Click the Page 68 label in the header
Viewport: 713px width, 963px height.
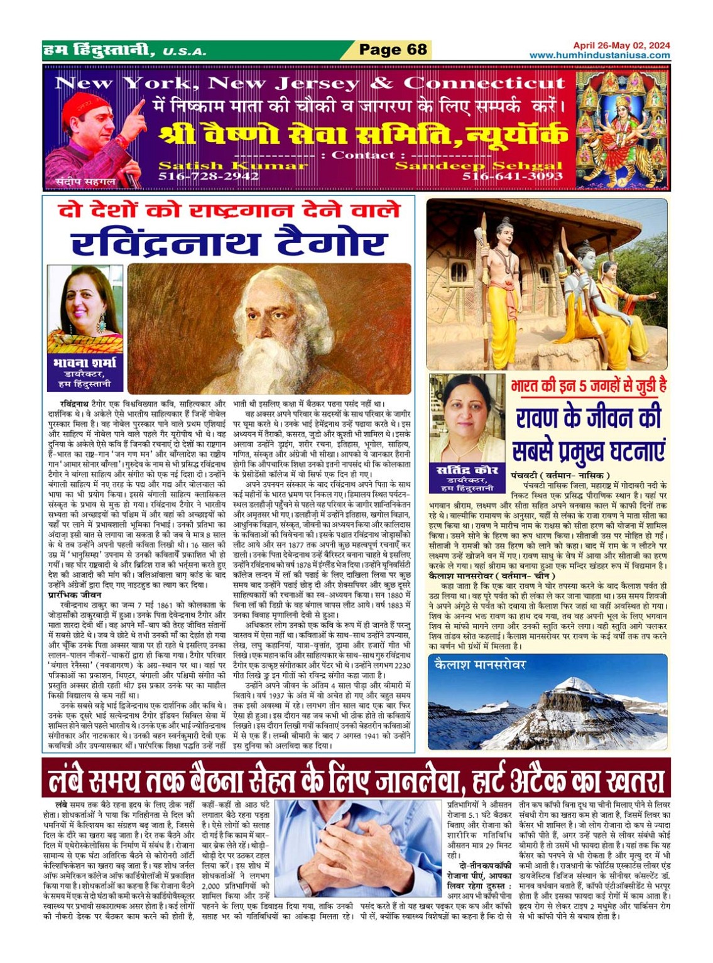(392, 50)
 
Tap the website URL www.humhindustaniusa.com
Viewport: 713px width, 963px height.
(599, 55)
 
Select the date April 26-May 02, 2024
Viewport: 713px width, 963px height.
(621, 45)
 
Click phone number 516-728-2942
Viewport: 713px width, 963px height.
(209, 177)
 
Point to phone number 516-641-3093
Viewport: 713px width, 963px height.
(512, 177)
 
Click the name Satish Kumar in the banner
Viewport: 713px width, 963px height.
(233, 166)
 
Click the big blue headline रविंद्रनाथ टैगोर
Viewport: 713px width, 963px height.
(229, 243)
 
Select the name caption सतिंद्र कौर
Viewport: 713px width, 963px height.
(467, 470)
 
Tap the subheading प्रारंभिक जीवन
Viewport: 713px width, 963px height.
(75, 594)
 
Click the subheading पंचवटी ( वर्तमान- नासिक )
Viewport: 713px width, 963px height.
(561, 476)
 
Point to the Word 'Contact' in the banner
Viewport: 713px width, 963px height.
(372, 155)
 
